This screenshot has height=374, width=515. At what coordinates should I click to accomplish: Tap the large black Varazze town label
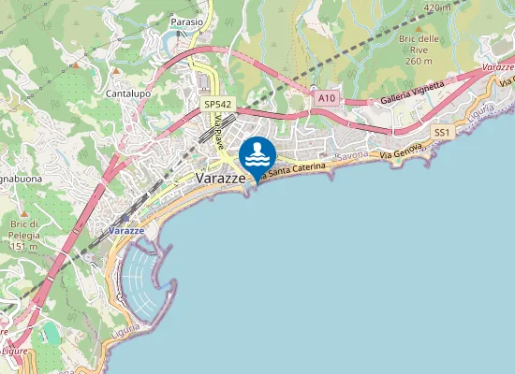click(221, 178)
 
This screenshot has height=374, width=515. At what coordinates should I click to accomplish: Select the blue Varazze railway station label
click(125, 230)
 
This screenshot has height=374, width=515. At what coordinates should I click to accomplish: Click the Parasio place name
click(187, 21)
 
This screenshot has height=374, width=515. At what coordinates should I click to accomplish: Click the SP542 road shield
click(218, 106)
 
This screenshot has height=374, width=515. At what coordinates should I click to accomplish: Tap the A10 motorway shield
click(326, 97)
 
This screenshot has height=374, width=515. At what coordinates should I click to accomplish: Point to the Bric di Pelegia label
click(20, 235)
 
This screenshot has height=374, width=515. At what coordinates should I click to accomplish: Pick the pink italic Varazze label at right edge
click(497, 68)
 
